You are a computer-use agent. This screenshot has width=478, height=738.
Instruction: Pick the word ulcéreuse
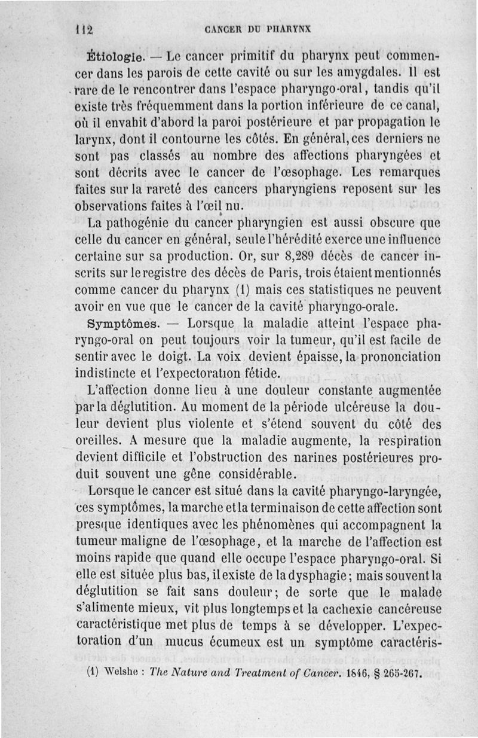[x=344, y=408]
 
